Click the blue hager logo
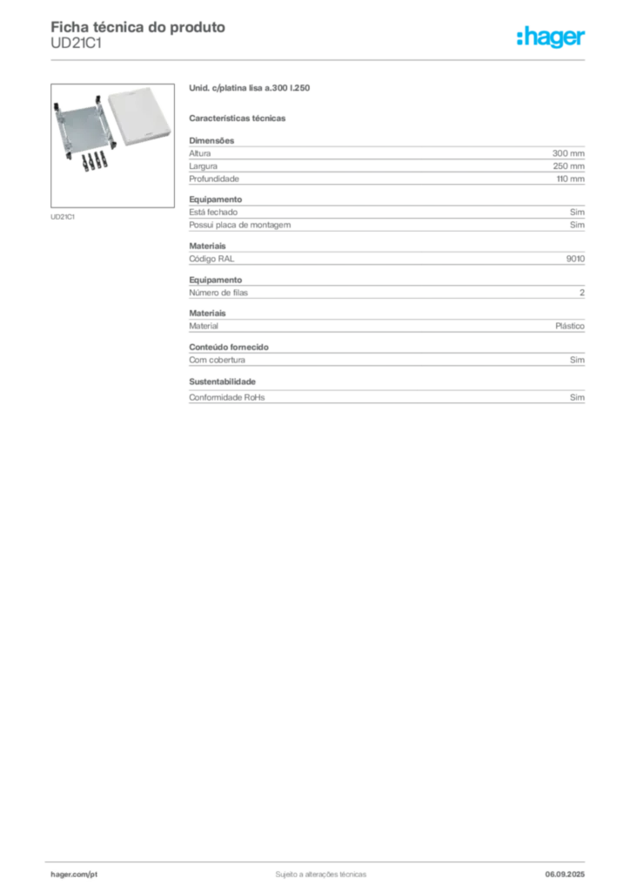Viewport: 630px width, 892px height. click(552, 37)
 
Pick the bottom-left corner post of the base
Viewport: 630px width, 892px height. click(65, 156)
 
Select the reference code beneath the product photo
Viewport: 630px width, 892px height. click(62, 216)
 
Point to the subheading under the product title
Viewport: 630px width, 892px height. click(239, 117)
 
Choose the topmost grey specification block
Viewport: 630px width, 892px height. click(387, 160)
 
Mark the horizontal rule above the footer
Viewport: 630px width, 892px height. click(320, 859)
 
